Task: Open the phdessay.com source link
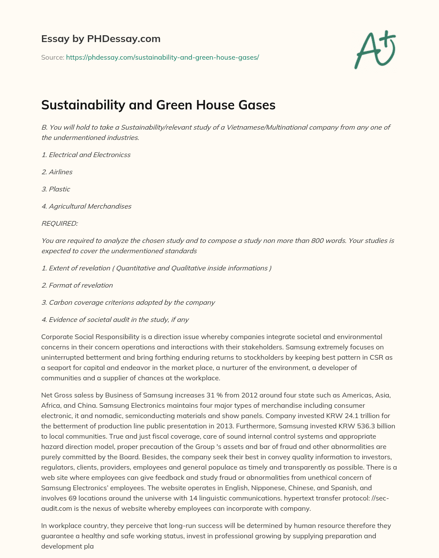(162, 57)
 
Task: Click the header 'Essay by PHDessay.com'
(101, 39)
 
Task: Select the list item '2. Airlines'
(57, 172)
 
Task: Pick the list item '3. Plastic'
(56, 189)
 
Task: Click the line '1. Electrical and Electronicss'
(86, 155)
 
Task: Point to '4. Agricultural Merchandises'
(86, 206)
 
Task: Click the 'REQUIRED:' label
(60, 223)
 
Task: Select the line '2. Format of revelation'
(77, 285)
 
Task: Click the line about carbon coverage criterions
(128, 302)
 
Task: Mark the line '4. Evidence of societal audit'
(115, 319)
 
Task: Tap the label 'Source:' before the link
(53, 57)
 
